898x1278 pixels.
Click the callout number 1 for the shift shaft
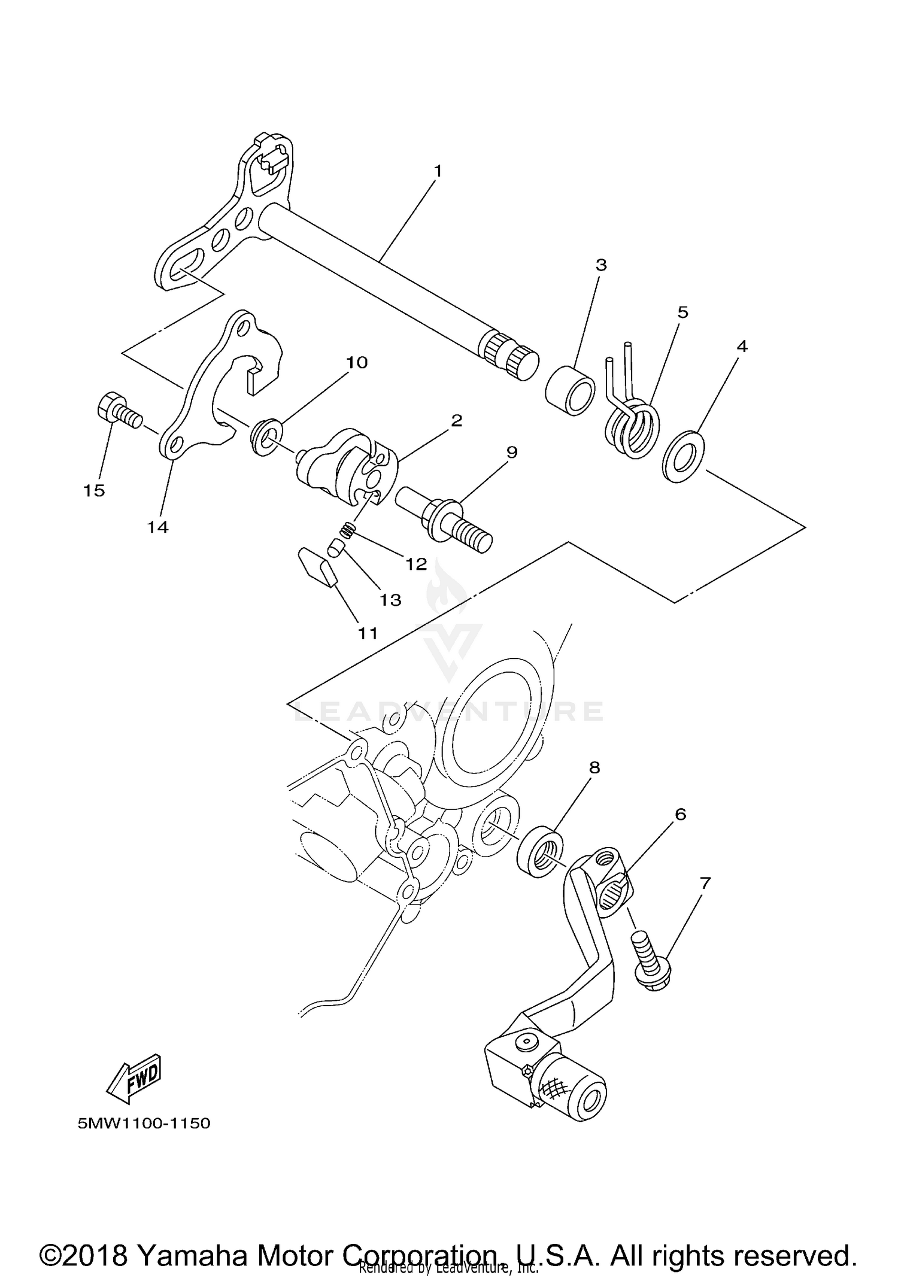click(x=438, y=171)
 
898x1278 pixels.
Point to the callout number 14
click(x=158, y=527)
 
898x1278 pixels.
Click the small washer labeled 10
click(x=264, y=437)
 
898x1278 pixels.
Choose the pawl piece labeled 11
click(x=317, y=566)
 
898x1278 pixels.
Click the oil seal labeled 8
click(x=540, y=851)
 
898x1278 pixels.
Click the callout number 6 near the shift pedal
click(x=680, y=814)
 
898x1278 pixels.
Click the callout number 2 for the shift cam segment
click(x=456, y=420)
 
